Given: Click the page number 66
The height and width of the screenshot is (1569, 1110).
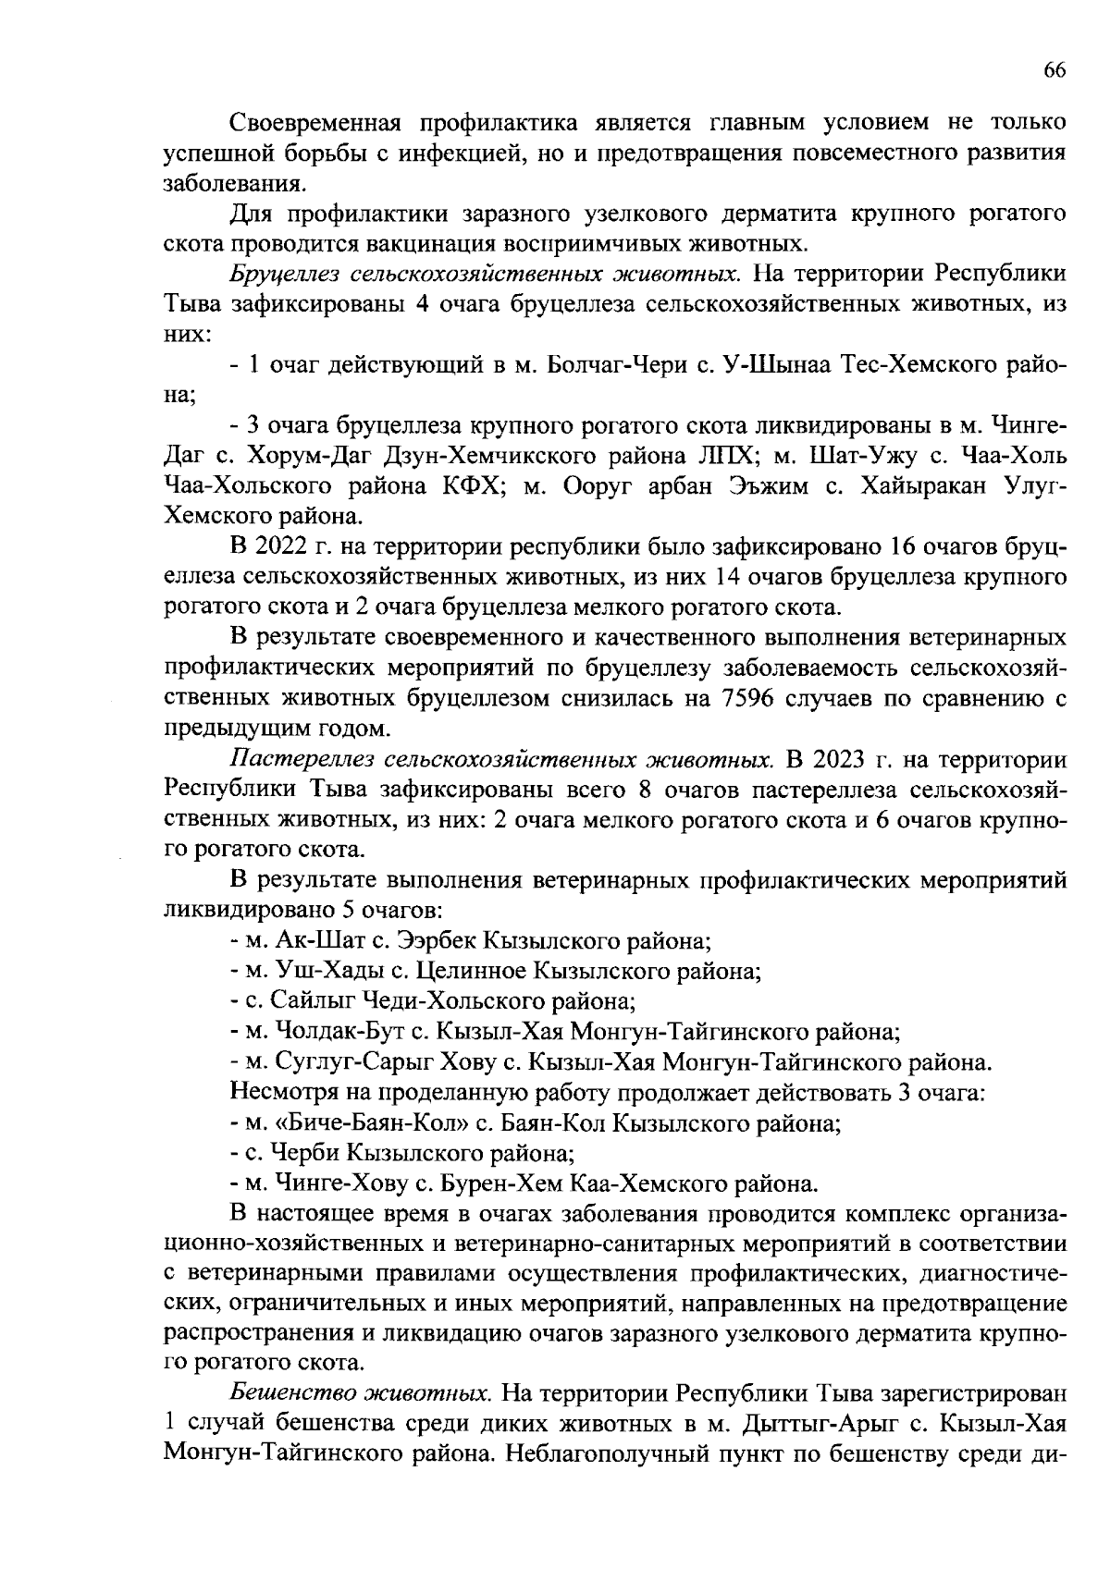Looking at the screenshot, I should [x=1054, y=71].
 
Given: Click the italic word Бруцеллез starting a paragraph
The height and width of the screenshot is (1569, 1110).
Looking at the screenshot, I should [x=283, y=275].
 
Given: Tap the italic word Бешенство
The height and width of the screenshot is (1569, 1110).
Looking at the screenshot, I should [x=292, y=1392].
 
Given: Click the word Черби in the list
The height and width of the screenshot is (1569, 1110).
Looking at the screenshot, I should [x=303, y=1154].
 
